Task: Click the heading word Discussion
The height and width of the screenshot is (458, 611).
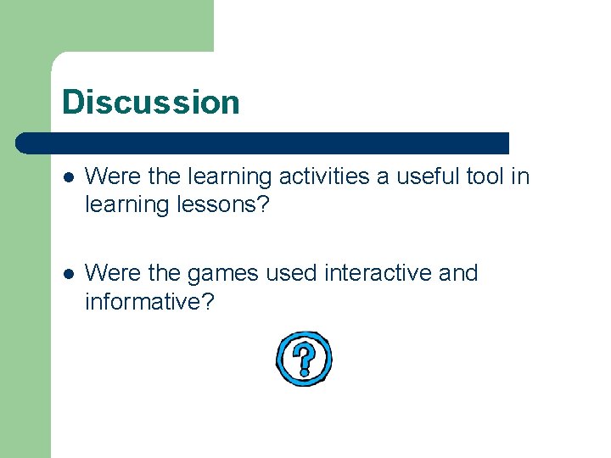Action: (x=150, y=103)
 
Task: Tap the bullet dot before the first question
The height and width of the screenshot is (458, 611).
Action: (x=69, y=177)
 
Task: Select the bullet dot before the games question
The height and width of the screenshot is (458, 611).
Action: (x=69, y=274)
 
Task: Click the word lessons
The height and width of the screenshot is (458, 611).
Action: (x=221, y=204)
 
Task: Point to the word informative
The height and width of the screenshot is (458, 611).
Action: (x=149, y=301)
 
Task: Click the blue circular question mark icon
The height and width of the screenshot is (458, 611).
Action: (x=303, y=359)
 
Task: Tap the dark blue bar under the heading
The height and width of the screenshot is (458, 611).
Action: (x=263, y=142)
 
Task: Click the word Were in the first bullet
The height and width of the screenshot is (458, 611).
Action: (x=108, y=176)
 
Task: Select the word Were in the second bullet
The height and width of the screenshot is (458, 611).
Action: (x=108, y=273)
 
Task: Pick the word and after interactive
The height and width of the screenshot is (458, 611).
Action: (x=458, y=273)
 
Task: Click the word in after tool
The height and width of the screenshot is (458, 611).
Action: (x=520, y=176)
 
